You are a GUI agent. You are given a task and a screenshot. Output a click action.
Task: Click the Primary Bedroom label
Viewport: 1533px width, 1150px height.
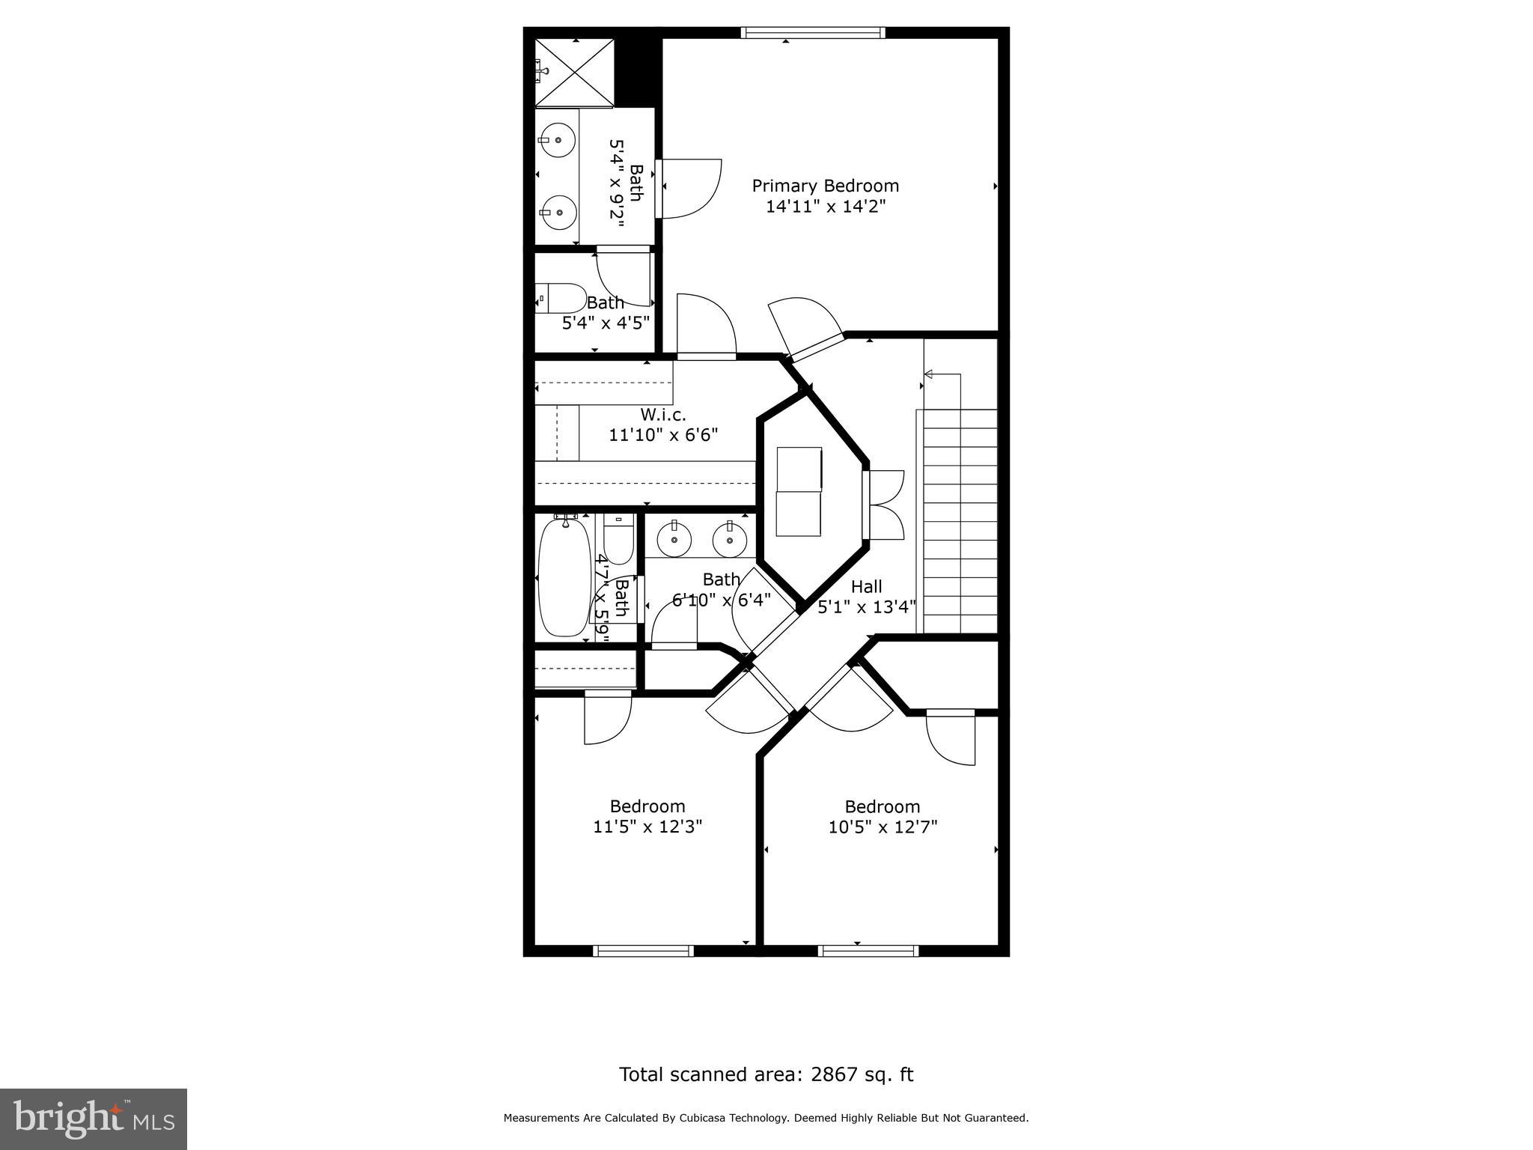tap(825, 186)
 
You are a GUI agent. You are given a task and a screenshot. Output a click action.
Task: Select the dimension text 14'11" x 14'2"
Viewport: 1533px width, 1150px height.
tap(825, 207)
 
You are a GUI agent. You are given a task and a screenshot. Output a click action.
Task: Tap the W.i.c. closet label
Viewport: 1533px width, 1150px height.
tap(662, 414)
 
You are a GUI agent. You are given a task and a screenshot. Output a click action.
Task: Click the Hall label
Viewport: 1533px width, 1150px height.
tap(866, 587)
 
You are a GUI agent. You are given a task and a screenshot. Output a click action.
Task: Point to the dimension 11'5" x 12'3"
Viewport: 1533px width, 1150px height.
tap(647, 827)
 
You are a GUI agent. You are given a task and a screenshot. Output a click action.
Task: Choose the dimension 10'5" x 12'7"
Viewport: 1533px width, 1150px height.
tap(883, 827)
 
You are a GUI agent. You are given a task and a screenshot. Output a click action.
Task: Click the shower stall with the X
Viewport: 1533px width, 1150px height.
tap(575, 73)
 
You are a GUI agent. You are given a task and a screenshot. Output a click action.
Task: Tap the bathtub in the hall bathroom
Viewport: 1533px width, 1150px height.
tap(564, 576)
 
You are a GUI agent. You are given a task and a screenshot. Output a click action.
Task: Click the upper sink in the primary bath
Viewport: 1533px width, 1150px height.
tap(558, 140)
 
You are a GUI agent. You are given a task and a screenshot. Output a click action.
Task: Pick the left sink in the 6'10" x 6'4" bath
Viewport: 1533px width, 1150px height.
tap(674, 539)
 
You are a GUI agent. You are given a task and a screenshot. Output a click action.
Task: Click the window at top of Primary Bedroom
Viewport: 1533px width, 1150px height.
tap(813, 32)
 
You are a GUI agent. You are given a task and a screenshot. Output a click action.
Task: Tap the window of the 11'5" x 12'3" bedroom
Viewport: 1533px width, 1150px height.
tap(643, 951)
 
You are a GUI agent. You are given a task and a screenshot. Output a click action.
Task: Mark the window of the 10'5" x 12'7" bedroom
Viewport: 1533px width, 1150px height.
tap(868, 951)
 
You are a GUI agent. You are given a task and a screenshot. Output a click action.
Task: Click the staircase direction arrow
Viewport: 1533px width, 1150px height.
tap(930, 374)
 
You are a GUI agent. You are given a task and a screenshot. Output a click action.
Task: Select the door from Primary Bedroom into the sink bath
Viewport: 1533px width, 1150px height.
tap(659, 189)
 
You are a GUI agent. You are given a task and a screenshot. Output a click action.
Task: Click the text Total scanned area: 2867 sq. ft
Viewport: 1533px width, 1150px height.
tap(766, 1074)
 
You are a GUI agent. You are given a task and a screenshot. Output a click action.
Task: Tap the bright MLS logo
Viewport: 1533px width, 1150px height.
tap(93, 1119)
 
